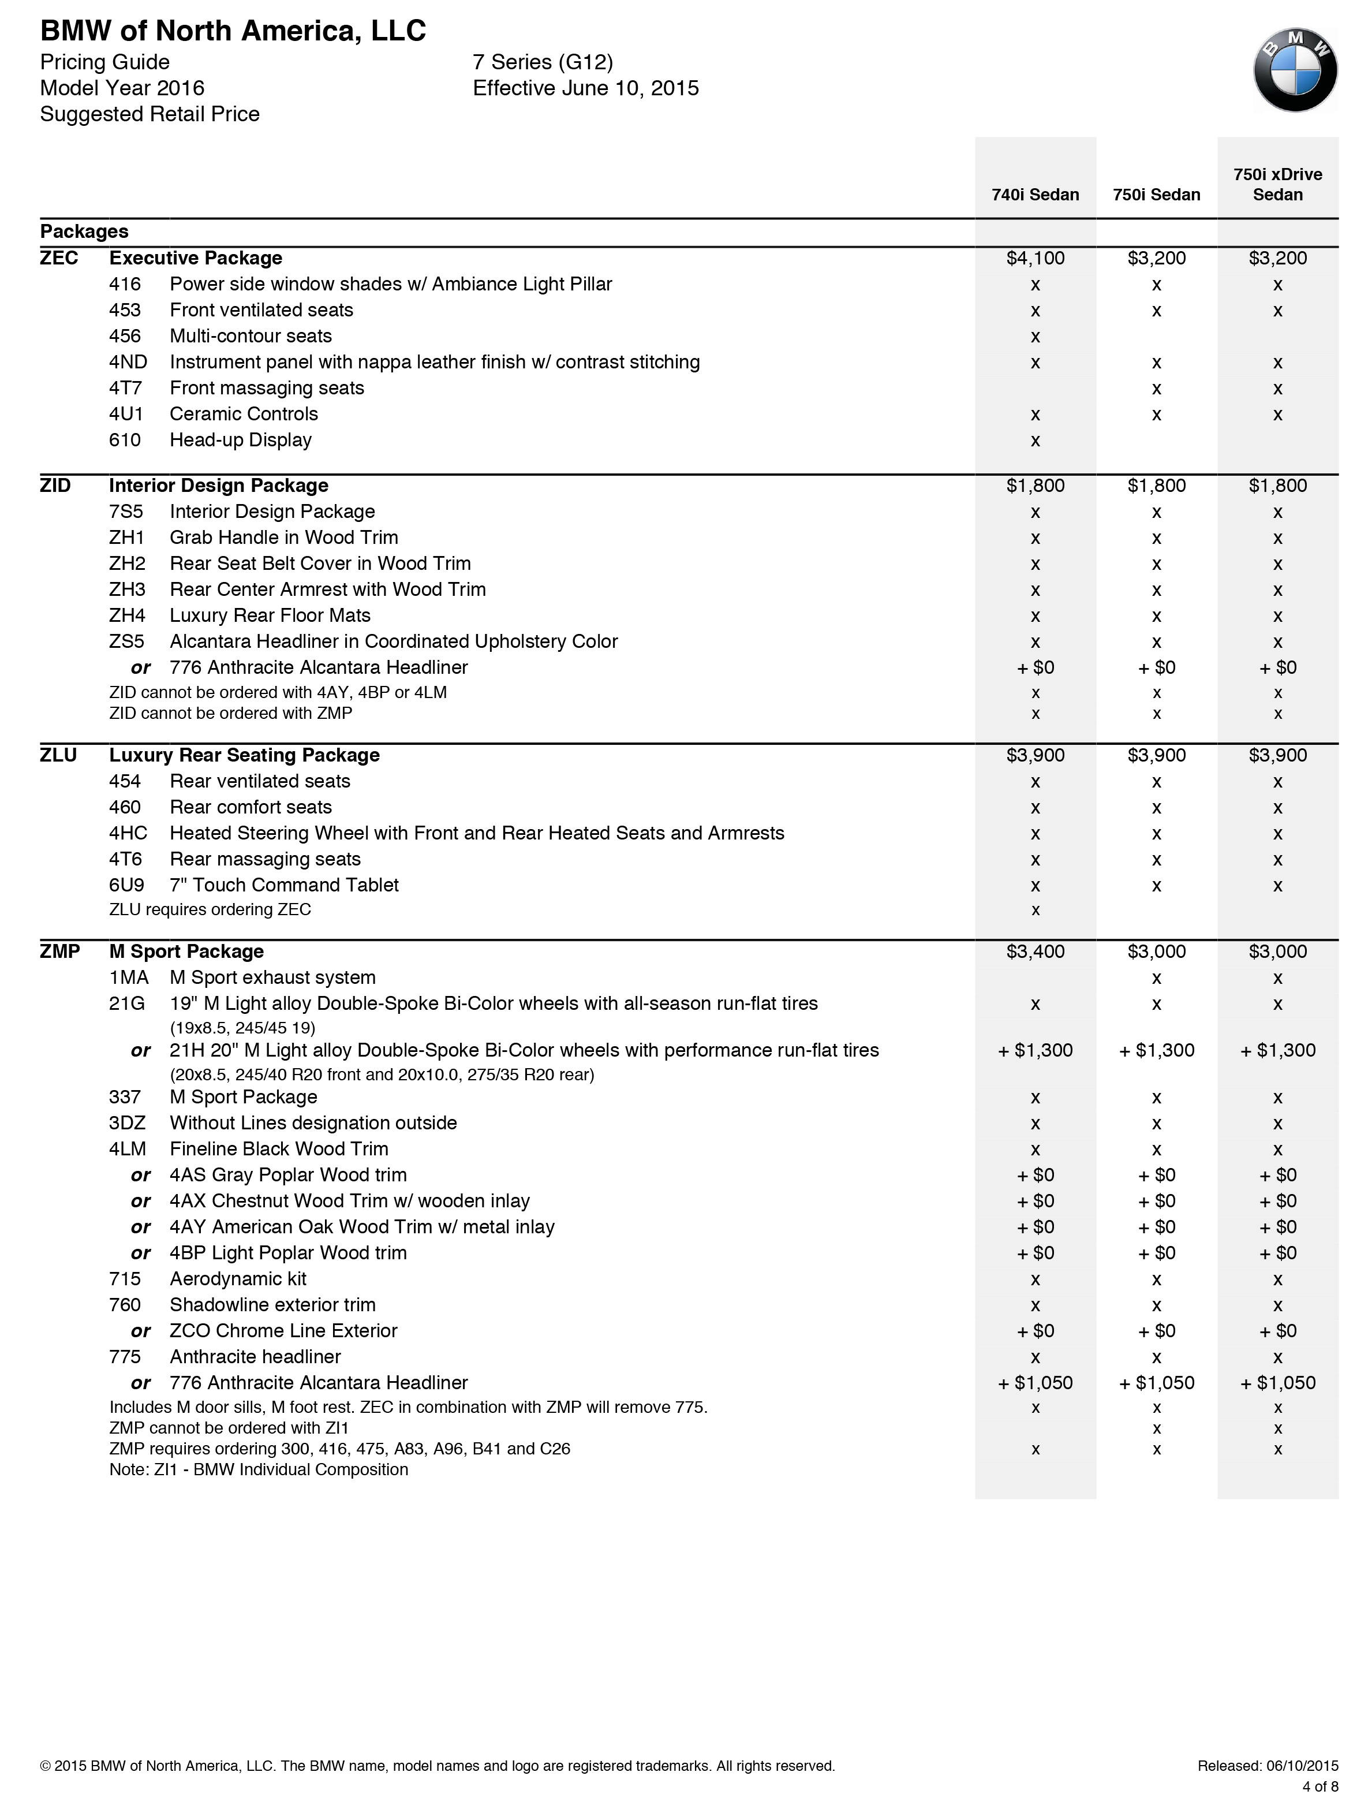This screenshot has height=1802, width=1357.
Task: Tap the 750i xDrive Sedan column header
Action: point(1277,184)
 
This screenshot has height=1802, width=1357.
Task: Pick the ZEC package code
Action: point(59,258)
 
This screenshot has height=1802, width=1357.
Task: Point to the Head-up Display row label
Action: point(240,440)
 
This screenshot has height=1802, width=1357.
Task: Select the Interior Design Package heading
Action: point(218,486)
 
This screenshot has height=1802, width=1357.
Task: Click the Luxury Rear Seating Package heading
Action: point(244,755)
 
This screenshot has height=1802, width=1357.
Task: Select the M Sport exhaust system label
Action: point(272,978)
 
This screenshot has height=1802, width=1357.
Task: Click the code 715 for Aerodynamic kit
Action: point(125,1279)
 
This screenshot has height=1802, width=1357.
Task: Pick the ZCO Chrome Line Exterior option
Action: point(283,1330)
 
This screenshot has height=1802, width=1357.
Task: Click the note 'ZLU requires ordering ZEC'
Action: point(210,909)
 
